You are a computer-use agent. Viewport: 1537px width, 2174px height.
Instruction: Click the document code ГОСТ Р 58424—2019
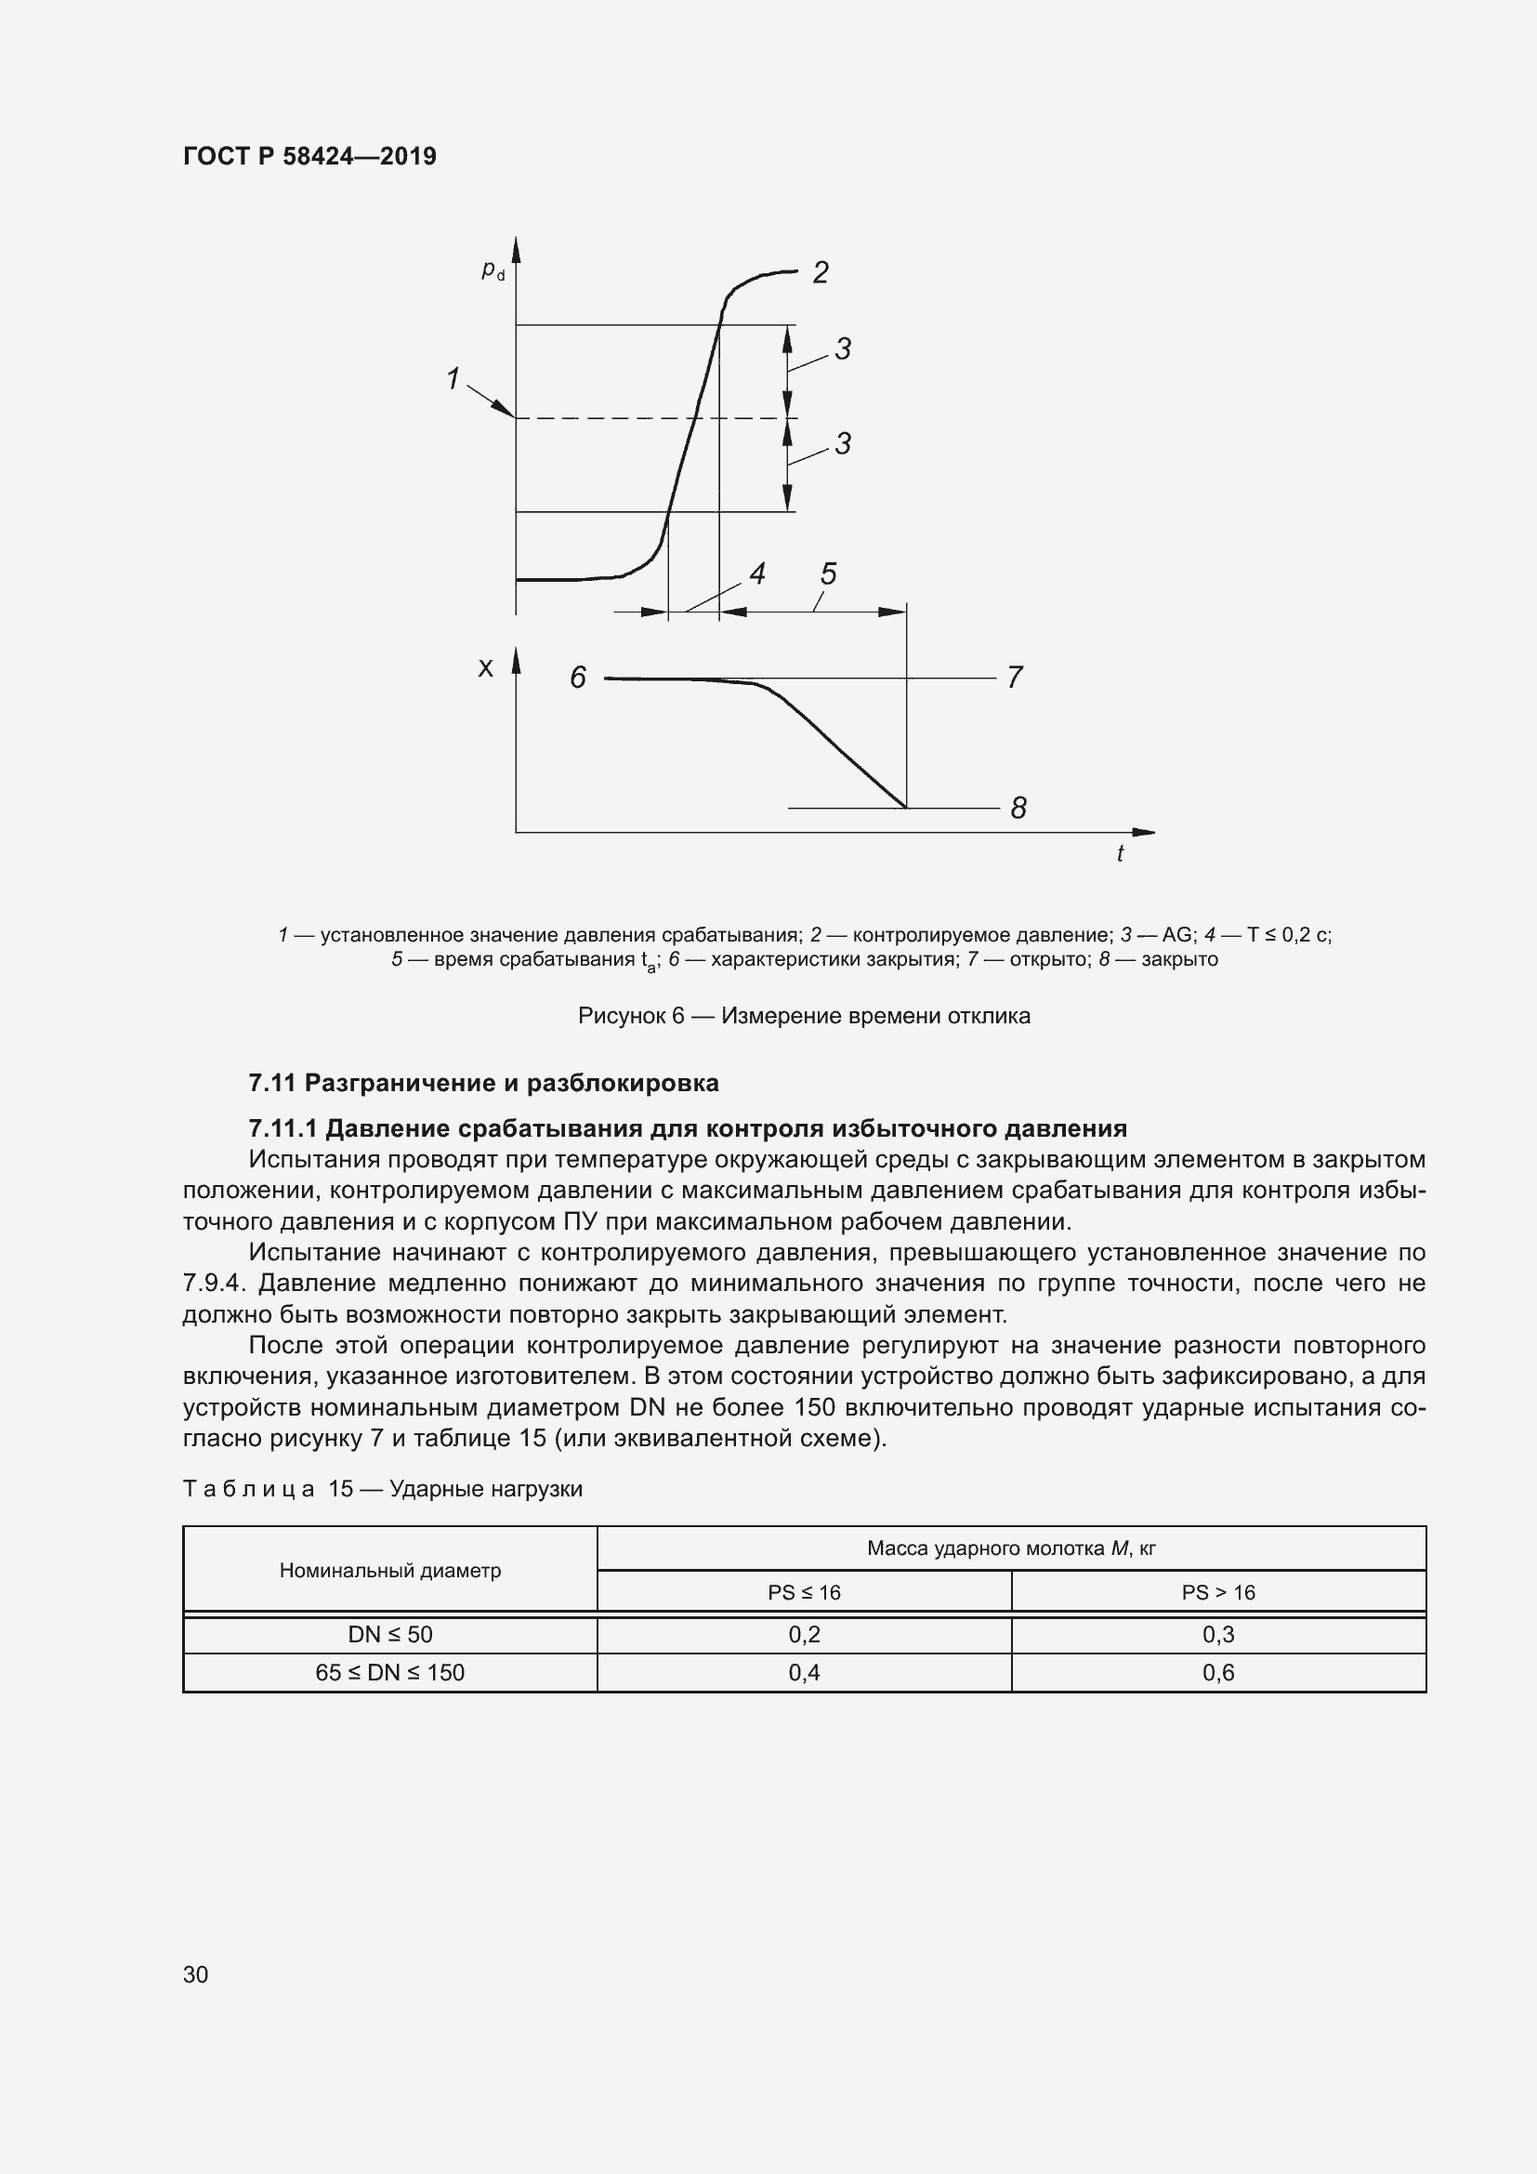[x=309, y=156]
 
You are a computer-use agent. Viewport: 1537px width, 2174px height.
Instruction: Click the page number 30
[x=195, y=1974]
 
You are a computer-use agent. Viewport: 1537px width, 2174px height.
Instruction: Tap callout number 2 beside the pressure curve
[x=821, y=272]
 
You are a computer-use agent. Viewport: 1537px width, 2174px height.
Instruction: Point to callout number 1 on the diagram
[x=453, y=378]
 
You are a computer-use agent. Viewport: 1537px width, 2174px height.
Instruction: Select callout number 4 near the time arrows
[x=757, y=573]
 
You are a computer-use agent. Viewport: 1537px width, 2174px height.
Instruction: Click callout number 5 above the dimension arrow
[x=828, y=573]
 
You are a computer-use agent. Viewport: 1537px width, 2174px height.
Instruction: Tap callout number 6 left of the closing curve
[x=577, y=677]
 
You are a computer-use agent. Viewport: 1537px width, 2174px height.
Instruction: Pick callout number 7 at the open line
[x=1015, y=677]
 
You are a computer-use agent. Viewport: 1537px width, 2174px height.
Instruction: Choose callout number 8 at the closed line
[x=1018, y=808]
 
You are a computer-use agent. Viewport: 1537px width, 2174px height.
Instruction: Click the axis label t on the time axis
[x=1120, y=854]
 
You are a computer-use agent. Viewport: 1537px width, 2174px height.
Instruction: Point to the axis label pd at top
[x=493, y=270]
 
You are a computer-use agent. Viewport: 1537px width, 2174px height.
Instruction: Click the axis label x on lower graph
[x=485, y=668]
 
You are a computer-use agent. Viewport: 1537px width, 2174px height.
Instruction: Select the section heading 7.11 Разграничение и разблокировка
[x=482, y=1082]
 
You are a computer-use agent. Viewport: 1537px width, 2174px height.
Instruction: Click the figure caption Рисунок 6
[x=804, y=1016]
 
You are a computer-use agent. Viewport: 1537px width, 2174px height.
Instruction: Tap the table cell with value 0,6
[x=1218, y=1672]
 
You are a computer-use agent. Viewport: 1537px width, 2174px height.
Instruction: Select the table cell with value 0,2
[x=804, y=1634]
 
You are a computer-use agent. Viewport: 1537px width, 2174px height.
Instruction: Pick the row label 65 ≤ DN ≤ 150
[x=390, y=1672]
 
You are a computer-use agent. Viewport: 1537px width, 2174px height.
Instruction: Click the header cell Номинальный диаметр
[x=390, y=1570]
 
